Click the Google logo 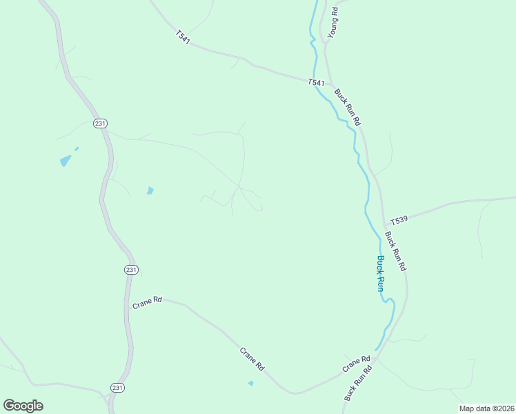pyautogui.click(x=23, y=406)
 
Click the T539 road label pyautogui.click(x=399, y=221)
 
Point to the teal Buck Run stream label pyautogui.click(x=380, y=274)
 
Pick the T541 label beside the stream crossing pyautogui.click(x=316, y=83)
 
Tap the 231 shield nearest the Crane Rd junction pyautogui.click(x=131, y=270)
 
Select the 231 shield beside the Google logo pyautogui.click(x=118, y=388)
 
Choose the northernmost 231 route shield pyautogui.click(x=101, y=124)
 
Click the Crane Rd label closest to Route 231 pyautogui.click(x=147, y=302)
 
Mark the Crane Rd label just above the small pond pyautogui.click(x=252, y=359)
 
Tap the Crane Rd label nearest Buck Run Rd pyautogui.click(x=356, y=363)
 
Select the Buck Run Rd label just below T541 pyautogui.click(x=348, y=106)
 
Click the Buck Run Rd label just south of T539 pyautogui.click(x=396, y=250)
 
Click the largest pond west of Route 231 pyautogui.click(x=66, y=161)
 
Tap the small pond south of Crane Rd pyautogui.click(x=250, y=383)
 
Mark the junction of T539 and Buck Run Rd pyautogui.click(x=384, y=224)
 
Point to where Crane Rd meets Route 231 pyautogui.click(x=128, y=304)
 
